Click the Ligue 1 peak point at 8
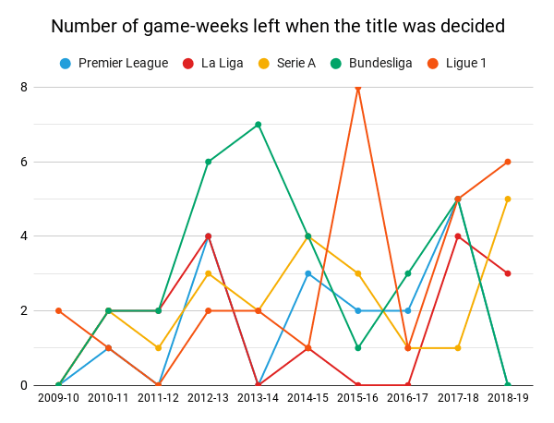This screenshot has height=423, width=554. [x=358, y=88]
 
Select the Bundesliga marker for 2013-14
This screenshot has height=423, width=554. [x=259, y=125]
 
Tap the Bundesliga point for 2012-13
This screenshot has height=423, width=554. [x=209, y=162]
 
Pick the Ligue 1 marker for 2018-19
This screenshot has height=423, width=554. [x=508, y=162]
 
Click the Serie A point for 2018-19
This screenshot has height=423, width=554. [x=508, y=199]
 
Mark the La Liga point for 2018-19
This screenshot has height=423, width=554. [x=508, y=273]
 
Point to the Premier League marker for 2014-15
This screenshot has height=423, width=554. [x=308, y=273]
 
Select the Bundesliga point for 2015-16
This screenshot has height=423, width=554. [x=358, y=348]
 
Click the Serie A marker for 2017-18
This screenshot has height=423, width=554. [x=458, y=348]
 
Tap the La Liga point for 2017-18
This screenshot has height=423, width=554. [x=458, y=236]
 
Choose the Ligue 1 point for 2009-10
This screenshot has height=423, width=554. [x=59, y=310]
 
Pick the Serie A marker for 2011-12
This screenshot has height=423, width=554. [x=159, y=348]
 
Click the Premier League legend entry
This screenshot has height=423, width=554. [x=114, y=63]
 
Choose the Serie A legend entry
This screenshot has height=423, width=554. [x=285, y=63]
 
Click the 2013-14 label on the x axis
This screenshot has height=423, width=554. [x=259, y=397]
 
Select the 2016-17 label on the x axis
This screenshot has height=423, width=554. [x=408, y=397]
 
